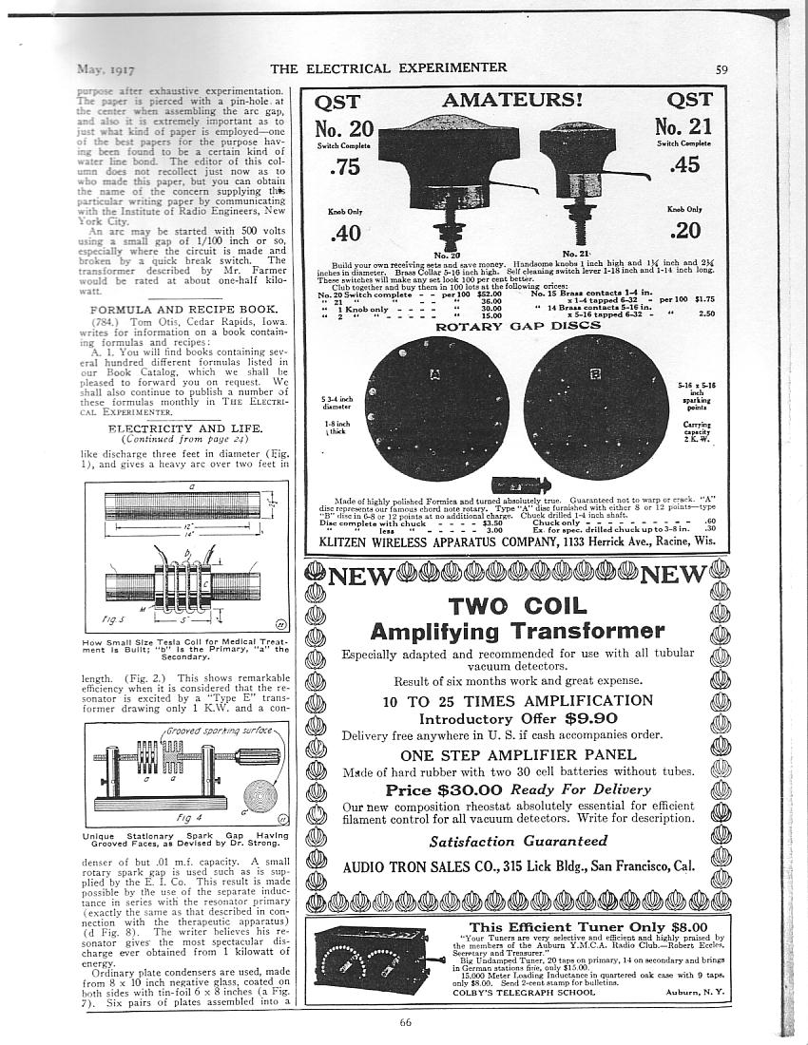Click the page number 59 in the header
coord(721,68)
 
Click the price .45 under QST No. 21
coord(684,167)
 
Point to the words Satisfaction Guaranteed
coord(518,841)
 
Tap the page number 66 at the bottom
coord(404,1022)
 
